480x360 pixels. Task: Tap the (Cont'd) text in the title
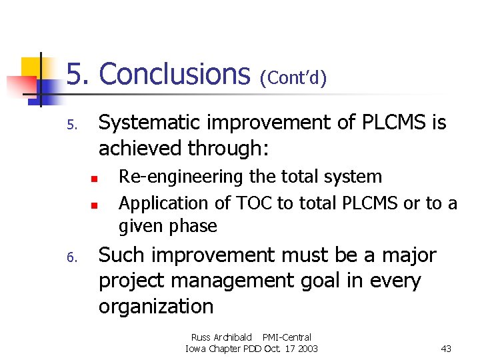(x=293, y=79)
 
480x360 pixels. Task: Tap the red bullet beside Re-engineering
(x=95, y=179)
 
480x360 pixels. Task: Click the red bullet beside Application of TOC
(x=95, y=205)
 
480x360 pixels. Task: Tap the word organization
(x=156, y=307)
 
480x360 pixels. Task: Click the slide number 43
(x=446, y=349)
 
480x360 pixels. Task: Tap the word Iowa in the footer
(x=196, y=349)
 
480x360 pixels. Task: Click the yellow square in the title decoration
(x=31, y=67)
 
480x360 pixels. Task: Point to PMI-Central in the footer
(x=287, y=337)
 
